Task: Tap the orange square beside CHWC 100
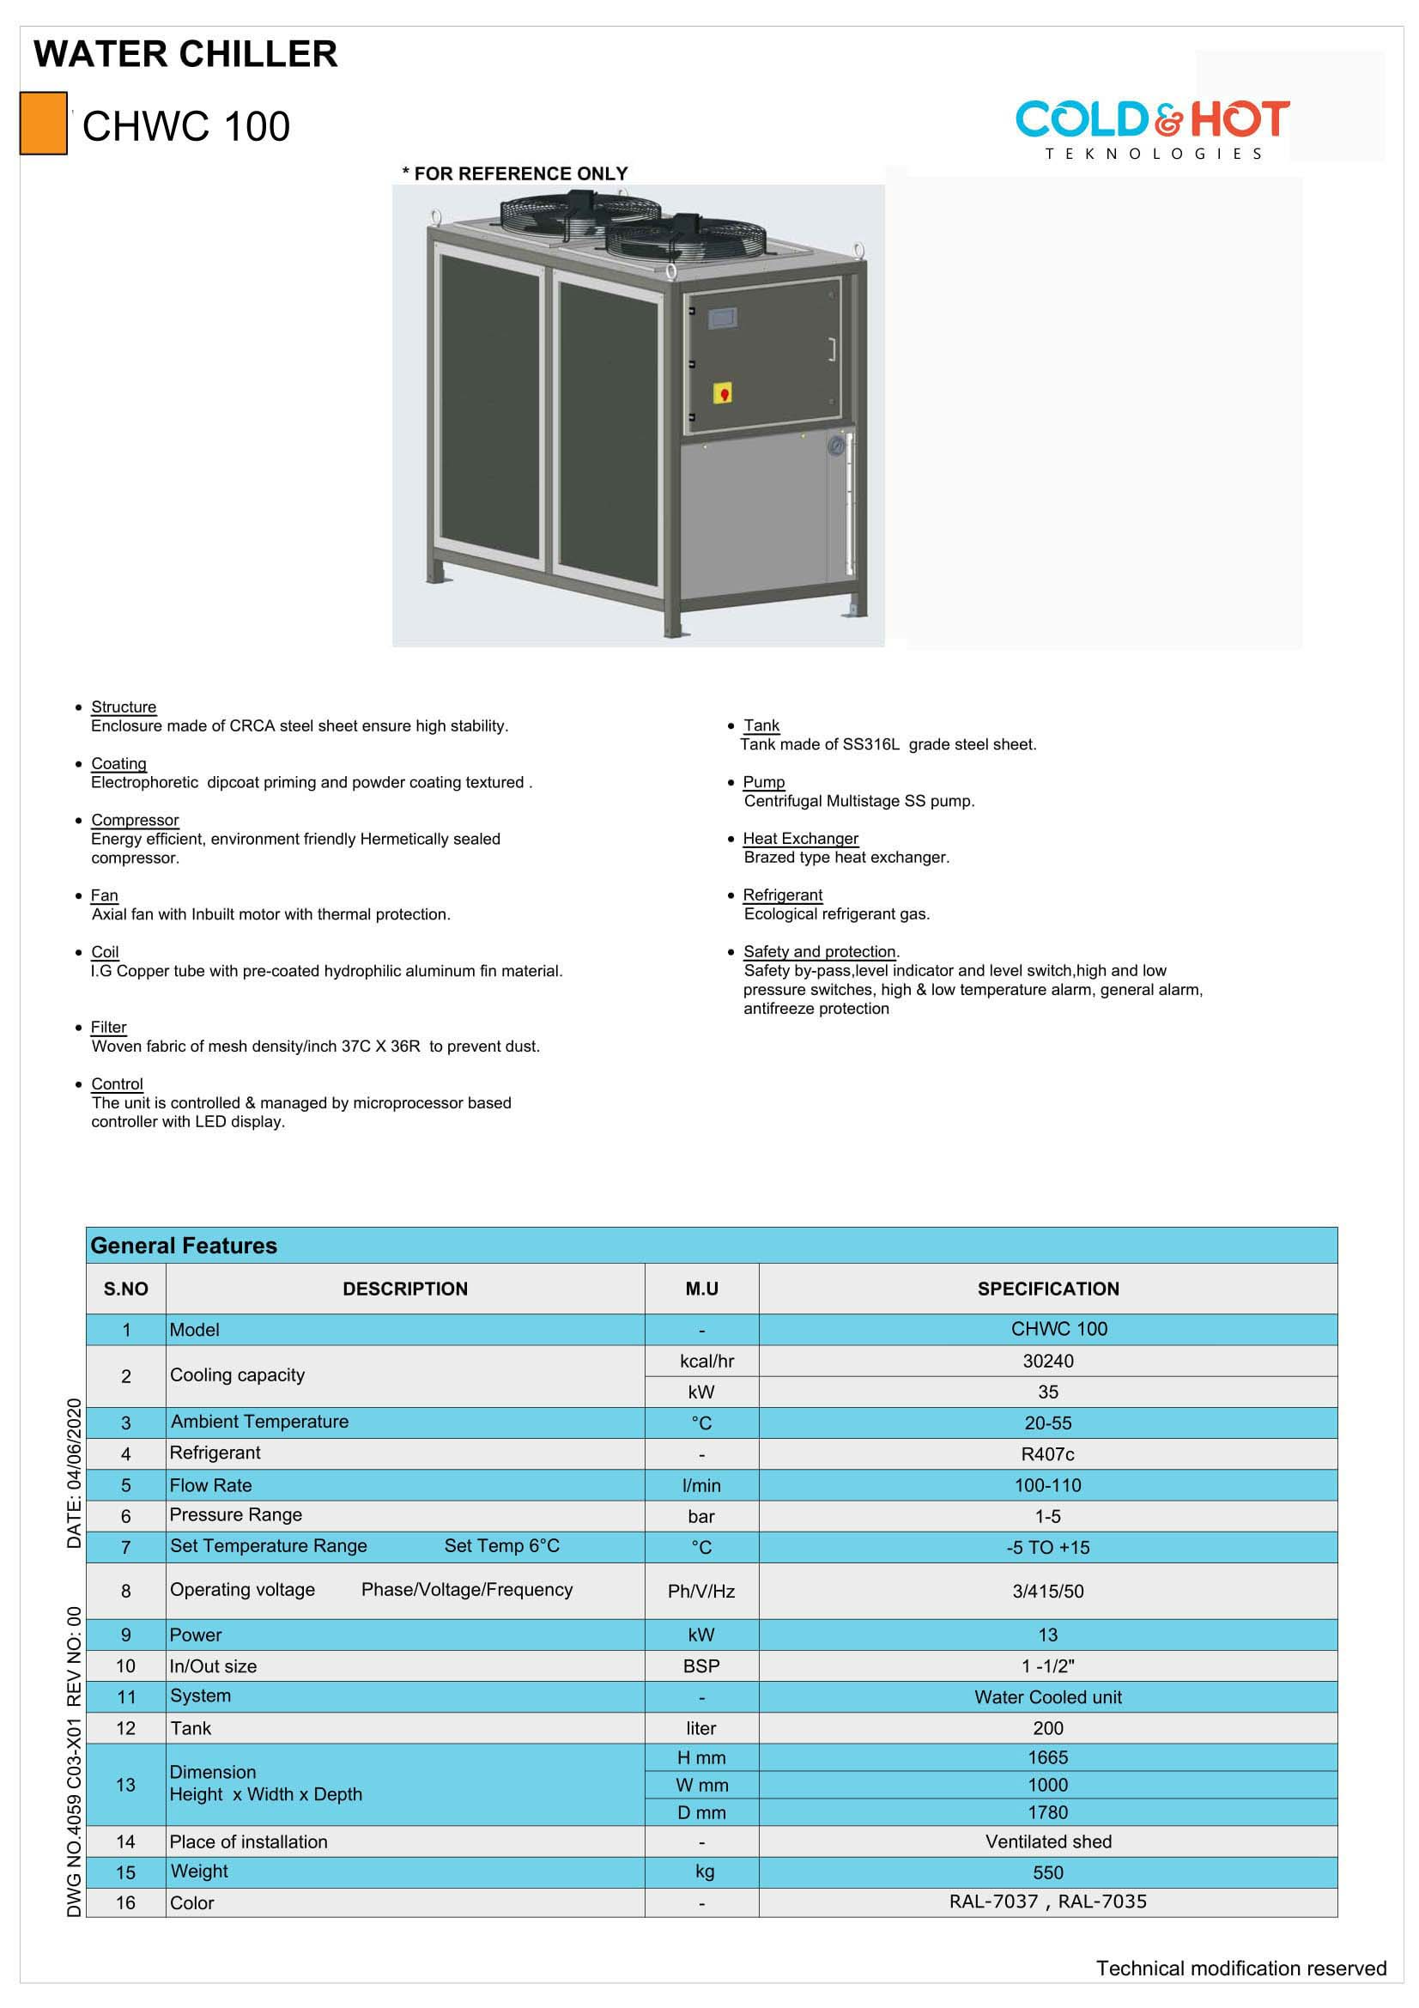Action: tap(43, 124)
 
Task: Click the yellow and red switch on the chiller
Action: tap(723, 392)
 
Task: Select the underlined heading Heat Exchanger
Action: tap(800, 838)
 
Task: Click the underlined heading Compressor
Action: tap(135, 820)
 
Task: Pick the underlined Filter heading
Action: tap(108, 1027)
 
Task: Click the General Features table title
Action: tap(184, 1246)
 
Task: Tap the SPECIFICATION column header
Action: tap(1047, 1289)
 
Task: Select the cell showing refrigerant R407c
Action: tap(1047, 1454)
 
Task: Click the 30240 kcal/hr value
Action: tap(1047, 1361)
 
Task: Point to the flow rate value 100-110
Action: tap(1047, 1485)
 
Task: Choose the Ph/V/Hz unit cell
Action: tap(701, 1591)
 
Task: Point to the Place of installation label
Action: tap(248, 1841)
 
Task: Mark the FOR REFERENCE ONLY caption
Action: tap(515, 173)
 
